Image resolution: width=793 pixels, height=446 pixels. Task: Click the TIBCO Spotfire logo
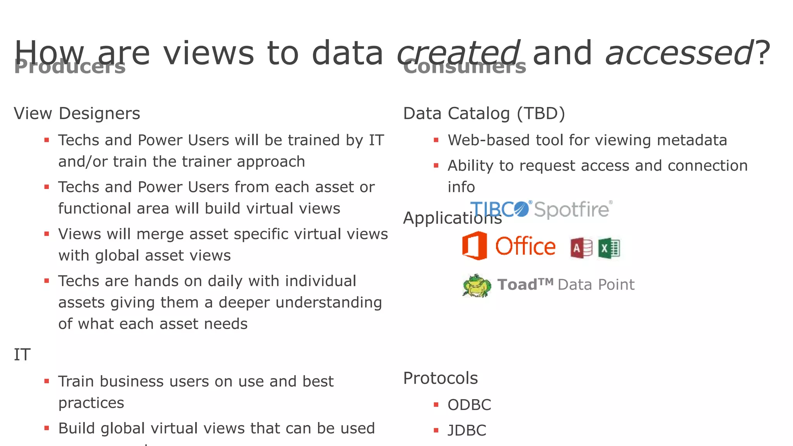click(541, 209)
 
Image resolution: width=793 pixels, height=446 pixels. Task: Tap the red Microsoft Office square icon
click(474, 245)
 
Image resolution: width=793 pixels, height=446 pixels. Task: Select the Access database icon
click(581, 248)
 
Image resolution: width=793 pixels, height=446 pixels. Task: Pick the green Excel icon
click(609, 248)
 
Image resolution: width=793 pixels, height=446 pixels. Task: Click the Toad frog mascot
click(477, 286)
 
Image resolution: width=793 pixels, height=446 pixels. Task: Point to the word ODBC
click(469, 405)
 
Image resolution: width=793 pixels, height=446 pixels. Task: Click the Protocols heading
click(440, 378)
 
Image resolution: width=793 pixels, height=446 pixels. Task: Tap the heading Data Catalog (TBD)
click(484, 113)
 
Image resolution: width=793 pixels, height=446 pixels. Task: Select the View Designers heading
click(77, 113)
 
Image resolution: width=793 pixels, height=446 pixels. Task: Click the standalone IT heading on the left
click(22, 355)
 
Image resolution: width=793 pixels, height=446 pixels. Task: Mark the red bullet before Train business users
click(47, 381)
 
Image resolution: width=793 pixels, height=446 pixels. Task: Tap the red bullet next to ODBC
click(436, 405)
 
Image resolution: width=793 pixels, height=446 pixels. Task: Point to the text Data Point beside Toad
click(596, 285)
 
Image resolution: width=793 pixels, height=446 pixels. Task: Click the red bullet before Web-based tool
click(436, 140)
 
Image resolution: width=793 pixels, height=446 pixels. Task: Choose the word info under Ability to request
click(461, 187)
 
